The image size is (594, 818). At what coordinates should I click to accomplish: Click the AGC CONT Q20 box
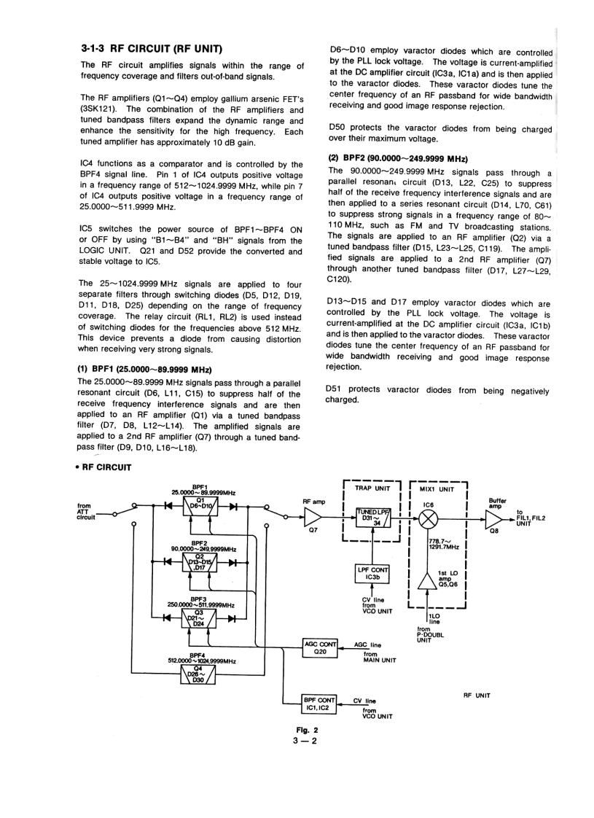pyautogui.click(x=321, y=647)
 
